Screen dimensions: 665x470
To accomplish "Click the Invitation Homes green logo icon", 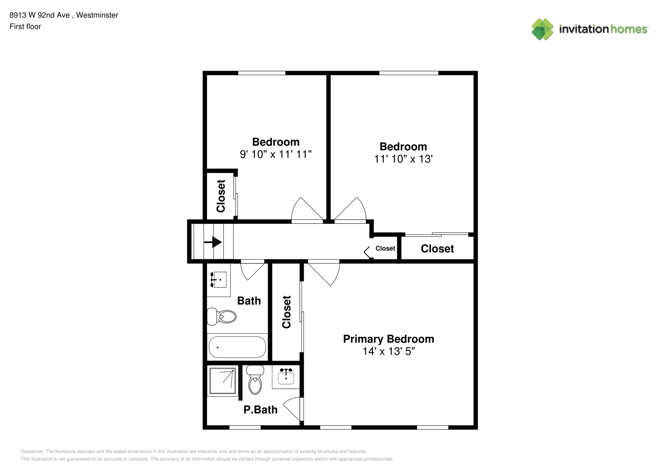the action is (x=542, y=29).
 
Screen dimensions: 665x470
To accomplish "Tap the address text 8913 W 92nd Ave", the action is (x=40, y=15).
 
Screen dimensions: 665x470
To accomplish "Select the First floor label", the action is (x=25, y=26).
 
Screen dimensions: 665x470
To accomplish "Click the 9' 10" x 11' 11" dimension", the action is (x=276, y=154).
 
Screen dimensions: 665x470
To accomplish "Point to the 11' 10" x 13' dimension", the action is (x=403, y=159).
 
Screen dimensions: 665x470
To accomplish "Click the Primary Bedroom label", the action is (x=388, y=339).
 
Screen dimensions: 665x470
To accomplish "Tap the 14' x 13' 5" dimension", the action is (x=388, y=351).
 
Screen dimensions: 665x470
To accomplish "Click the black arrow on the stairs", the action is (x=213, y=242).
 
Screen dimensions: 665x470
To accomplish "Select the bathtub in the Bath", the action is (x=237, y=347).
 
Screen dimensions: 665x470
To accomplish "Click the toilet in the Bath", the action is (x=222, y=316).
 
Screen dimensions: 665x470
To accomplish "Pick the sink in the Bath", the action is (x=219, y=280).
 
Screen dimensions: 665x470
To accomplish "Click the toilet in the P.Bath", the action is (x=255, y=380).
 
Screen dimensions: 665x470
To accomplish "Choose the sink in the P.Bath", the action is (x=286, y=377).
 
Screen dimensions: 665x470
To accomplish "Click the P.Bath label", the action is (x=261, y=409).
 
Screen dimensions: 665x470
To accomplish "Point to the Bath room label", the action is (x=249, y=301).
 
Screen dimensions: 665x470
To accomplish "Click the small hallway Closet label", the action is (x=385, y=248).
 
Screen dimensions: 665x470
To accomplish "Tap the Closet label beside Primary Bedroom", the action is (x=286, y=312).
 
